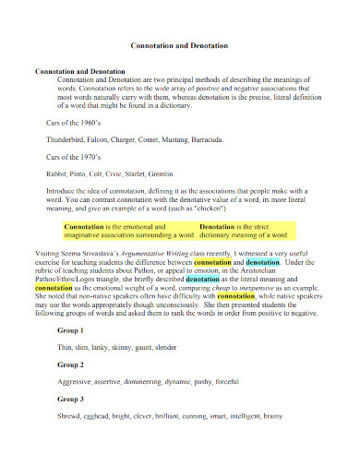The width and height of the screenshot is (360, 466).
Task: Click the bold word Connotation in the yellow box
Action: pos(84,225)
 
